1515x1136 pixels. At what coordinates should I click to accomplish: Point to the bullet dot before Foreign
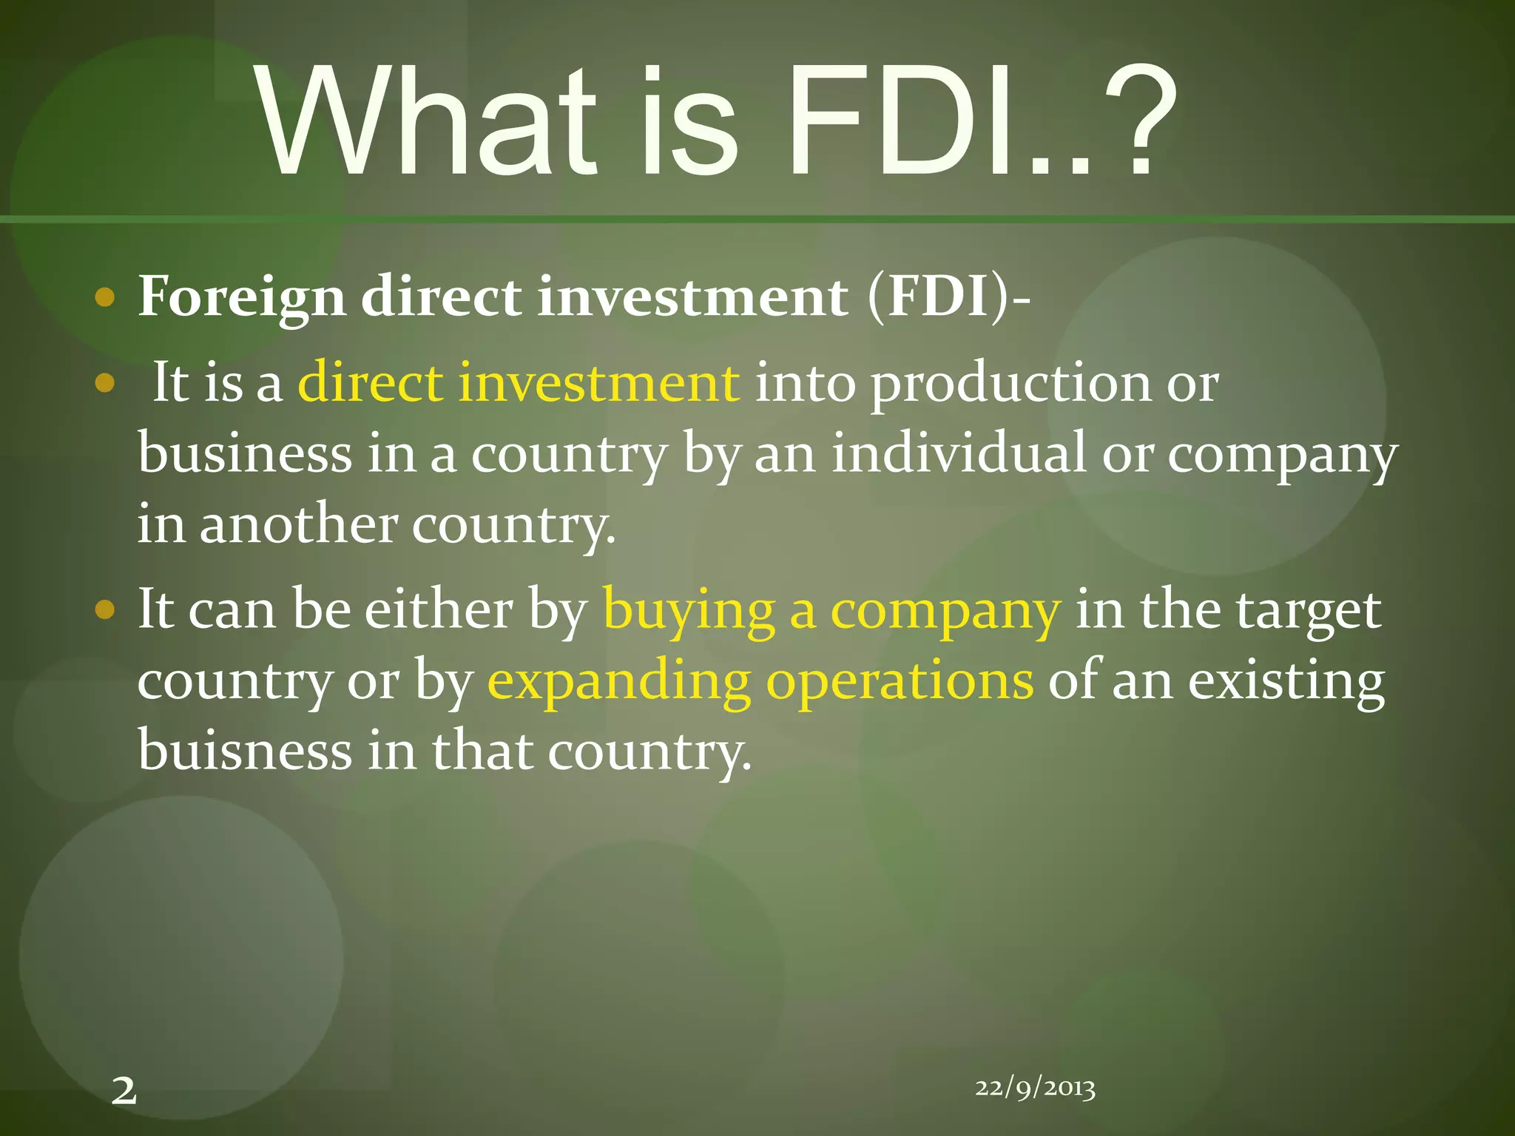pyautogui.click(x=105, y=298)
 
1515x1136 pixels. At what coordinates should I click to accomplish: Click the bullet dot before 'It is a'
pyautogui.click(x=105, y=383)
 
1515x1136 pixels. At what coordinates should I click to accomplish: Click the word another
pyautogui.click(x=298, y=524)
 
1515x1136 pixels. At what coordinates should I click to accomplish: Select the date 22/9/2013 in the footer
pyautogui.click(x=1035, y=1088)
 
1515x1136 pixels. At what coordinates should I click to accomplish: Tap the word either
pyautogui.click(x=439, y=610)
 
